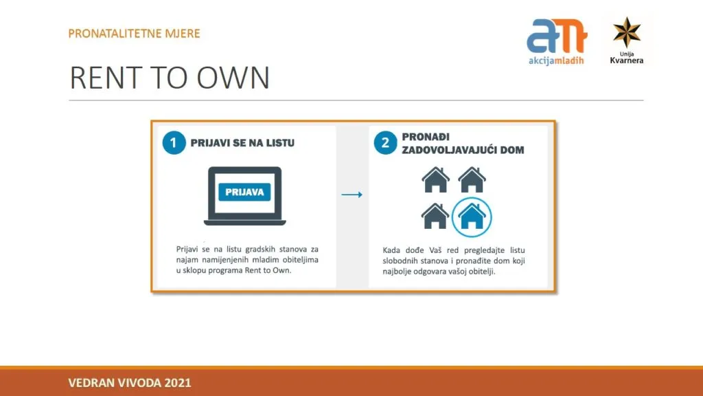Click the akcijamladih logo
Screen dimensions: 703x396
coord(556,42)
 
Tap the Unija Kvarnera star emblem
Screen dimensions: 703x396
coord(627,32)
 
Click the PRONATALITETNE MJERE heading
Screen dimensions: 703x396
coord(134,34)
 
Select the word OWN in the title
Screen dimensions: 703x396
coord(233,78)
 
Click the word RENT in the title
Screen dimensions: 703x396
coord(106,78)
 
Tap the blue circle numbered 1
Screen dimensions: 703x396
coord(174,143)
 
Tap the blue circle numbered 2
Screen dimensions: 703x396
coord(385,143)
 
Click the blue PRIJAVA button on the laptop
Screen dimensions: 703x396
coord(244,192)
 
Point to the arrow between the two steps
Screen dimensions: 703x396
coord(352,195)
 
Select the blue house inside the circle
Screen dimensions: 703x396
coord(472,217)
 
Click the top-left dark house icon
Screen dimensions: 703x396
coord(435,179)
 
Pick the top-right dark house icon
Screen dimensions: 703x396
coord(472,179)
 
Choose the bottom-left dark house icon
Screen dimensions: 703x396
coord(435,216)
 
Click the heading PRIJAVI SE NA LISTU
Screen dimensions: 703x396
coord(242,143)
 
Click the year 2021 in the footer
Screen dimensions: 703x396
coord(178,383)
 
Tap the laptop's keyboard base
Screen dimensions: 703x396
coord(245,222)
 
